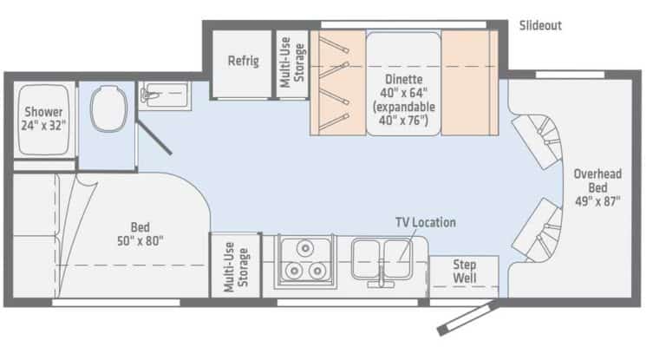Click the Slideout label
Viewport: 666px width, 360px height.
539,25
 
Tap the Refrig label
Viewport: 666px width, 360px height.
244,62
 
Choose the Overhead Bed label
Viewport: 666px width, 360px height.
597,180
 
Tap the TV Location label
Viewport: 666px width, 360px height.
425,222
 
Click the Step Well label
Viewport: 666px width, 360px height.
465,272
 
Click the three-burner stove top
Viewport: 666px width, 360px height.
304,260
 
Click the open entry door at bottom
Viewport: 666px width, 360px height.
468,318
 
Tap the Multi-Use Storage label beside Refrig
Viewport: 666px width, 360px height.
291,62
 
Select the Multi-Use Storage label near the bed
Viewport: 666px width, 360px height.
237,265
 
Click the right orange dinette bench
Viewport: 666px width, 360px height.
469,83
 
